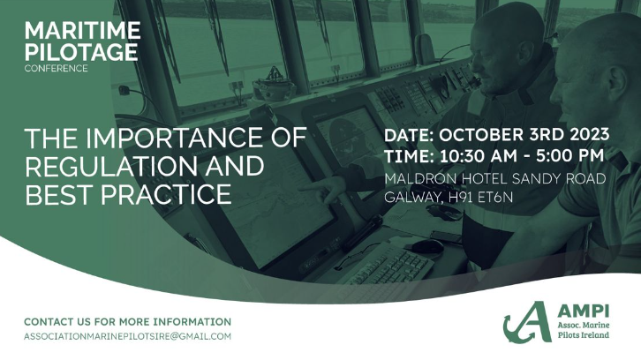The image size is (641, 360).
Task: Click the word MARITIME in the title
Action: coord(82,31)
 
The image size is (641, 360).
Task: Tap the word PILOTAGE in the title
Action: coord(81,52)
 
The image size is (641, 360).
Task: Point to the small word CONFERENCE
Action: coord(57,69)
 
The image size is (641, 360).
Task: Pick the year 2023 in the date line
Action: coord(585,137)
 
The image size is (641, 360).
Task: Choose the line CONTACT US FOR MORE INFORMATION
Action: coord(127,322)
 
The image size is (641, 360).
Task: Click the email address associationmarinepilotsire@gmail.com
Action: coord(127,337)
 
